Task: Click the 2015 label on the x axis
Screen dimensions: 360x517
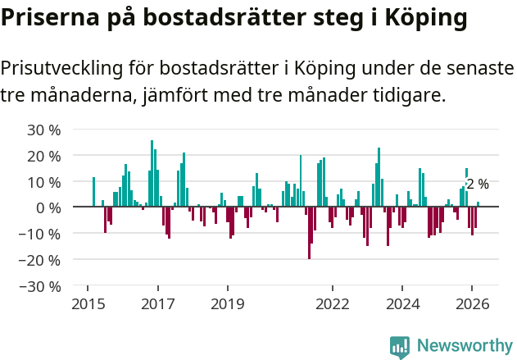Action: tap(88, 304)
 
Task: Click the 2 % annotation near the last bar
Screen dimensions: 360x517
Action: tap(478, 185)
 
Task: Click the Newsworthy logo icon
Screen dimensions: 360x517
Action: tap(400, 346)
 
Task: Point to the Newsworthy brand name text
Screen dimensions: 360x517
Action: tap(464, 346)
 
